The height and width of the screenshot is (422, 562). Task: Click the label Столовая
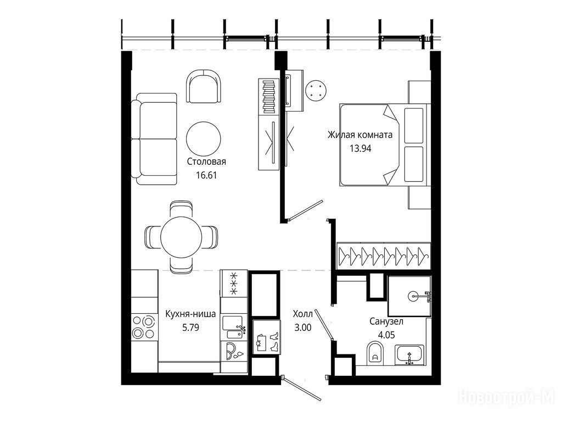(x=206, y=162)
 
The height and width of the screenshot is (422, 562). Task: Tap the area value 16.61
(x=206, y=175)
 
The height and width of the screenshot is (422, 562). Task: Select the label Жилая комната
(x=360, y=135)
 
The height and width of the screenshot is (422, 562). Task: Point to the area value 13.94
(x=361, y=148)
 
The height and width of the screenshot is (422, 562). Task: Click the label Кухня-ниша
(x=190, y=314)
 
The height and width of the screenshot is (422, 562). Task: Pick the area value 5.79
(x=190, y=327)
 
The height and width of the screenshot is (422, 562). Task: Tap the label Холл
(x=303, y=314)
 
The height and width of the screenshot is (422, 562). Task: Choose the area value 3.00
(x=303, y=327)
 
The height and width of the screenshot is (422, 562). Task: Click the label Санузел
(x=386, y=321)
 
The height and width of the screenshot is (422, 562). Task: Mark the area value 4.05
(x=387, y=335)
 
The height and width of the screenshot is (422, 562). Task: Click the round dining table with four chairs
(x=181, y=237)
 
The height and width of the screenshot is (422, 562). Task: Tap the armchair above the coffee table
(x=204, y=87)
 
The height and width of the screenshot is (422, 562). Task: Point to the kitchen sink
(x=233, y=327)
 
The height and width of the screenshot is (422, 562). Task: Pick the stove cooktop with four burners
(x=144, y=327)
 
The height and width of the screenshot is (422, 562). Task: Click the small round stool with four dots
(x=316, y=90)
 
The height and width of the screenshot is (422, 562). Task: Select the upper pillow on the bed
(x=414, y=125)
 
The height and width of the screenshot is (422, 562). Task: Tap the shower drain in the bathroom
(x=413, y=296)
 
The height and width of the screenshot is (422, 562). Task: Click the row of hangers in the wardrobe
(x=384, y=256)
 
